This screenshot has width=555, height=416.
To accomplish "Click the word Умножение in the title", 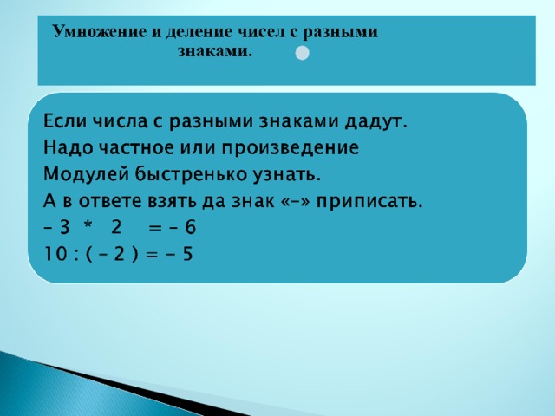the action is click(99, 32).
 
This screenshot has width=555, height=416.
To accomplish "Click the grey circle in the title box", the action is click(302, 53).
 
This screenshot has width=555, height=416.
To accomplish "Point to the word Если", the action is click(65, 121).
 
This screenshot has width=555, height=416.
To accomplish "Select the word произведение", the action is click(291, 148).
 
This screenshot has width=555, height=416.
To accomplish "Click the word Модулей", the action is click(86, 174).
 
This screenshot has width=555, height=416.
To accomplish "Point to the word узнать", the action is click(286, 175).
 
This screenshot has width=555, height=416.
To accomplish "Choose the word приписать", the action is click(369, 201).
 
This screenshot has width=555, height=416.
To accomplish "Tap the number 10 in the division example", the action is click(55, 254).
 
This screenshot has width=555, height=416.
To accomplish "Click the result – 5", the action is click(180, 254).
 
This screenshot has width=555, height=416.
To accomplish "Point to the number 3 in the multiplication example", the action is click(64, 227).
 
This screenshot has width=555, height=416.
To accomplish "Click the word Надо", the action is click(68, 148).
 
